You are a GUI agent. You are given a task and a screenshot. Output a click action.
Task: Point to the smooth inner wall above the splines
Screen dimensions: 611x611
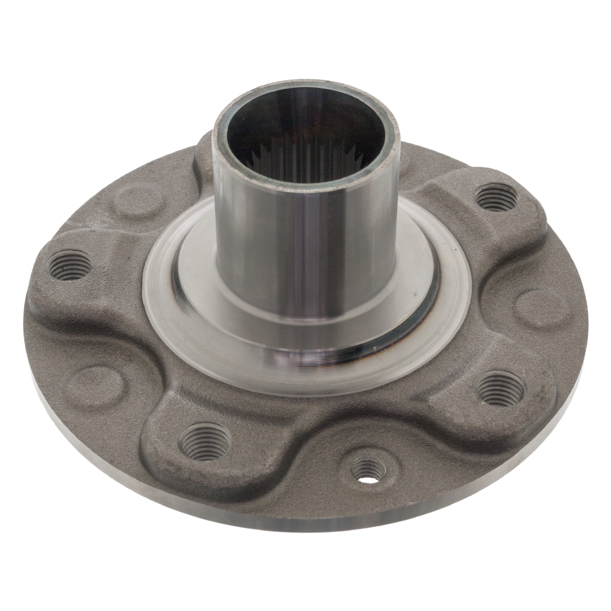(310, 130)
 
